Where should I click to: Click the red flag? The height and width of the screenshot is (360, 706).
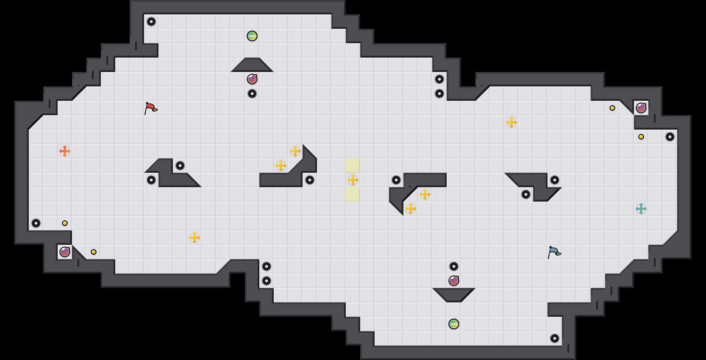pos(151,108)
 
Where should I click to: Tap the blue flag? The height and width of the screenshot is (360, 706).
pos(554,252)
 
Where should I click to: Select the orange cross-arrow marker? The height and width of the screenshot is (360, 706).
pos(65,151)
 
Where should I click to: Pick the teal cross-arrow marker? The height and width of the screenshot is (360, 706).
pos(641,209)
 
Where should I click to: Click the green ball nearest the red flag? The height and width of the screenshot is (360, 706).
pos(252,36)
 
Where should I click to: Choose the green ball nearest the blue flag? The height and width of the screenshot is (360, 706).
pos(454,324)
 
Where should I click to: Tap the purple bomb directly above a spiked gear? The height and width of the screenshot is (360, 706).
pos(252,79)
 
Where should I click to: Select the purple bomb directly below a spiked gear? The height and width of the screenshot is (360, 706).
pos(454,281)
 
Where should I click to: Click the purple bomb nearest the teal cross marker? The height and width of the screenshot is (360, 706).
pos(641,108)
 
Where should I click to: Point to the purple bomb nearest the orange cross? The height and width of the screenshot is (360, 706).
pos(65,252)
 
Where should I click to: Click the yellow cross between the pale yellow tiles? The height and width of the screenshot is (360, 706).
pos(353,180)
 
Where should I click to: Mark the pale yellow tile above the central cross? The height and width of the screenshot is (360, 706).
pos(353,166)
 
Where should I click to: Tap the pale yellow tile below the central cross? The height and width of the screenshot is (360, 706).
pos(353,194)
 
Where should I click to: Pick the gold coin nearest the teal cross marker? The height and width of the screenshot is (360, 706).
pos(641,137)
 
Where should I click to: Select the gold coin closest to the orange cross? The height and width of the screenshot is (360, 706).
pos(65,223)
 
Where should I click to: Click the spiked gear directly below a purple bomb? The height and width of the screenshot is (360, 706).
pos(252,94)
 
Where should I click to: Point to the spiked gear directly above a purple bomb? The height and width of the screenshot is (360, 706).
pos(454,266)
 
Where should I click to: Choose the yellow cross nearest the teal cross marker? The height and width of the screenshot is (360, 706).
pos(511,122)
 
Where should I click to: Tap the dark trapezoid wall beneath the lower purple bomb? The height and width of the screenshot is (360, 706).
pos(454,294)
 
